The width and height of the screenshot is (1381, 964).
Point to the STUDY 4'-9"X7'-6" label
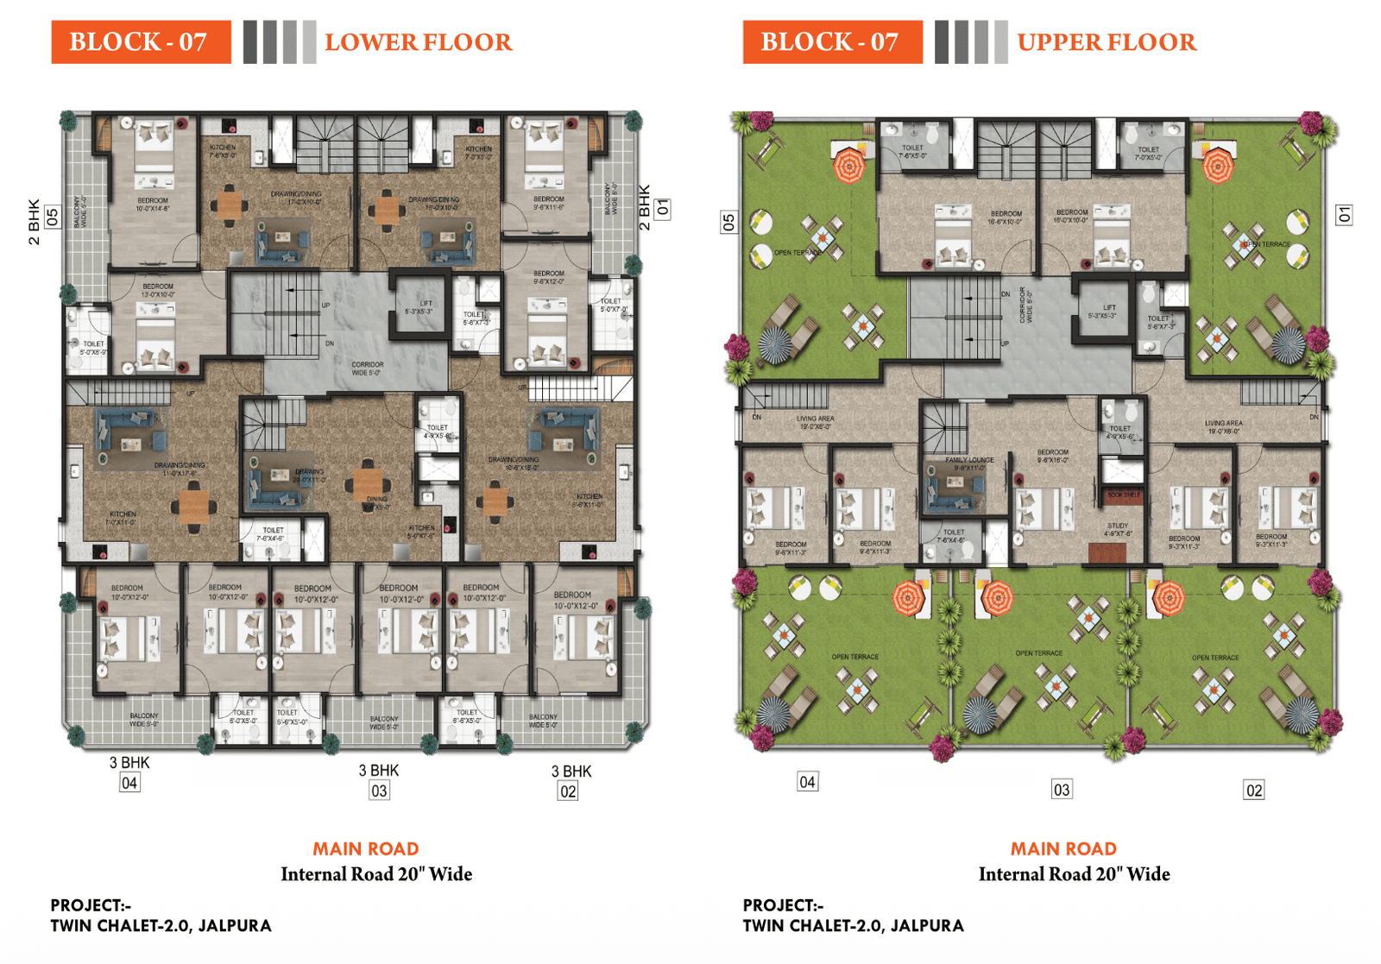point(1118,529)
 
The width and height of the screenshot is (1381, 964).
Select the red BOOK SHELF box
point(1123,495)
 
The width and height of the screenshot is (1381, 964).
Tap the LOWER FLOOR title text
point(418,42)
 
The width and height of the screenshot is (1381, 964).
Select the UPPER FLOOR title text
point(1107,42)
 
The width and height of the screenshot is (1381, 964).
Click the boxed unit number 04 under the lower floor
point(129,783)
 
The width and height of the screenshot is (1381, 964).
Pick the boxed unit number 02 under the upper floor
point(1253,790)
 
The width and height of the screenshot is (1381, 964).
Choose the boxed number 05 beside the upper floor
point(729,223)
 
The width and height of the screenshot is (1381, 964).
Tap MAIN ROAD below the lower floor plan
point(365,848)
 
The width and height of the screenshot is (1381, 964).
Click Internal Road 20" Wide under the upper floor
point(1074,874)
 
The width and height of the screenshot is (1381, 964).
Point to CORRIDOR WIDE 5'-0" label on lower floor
point(367,369)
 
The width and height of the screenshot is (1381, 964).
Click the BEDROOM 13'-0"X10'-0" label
point(158,290)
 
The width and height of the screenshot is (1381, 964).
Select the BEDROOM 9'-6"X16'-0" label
point(1052,456)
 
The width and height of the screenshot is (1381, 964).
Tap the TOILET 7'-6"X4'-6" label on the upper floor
point(954,536)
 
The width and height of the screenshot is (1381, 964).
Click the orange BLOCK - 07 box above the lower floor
point(141,42)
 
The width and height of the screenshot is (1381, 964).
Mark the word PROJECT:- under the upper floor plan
point(783,905)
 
